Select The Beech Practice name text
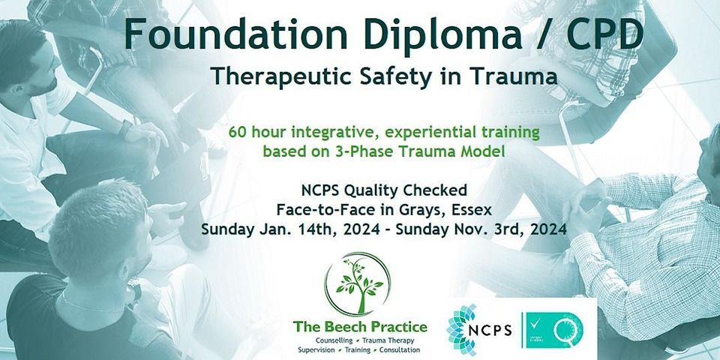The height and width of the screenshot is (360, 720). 360,327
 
